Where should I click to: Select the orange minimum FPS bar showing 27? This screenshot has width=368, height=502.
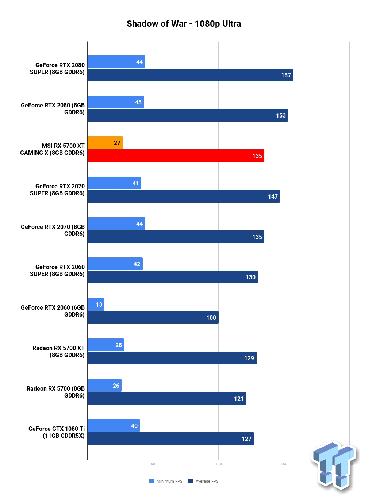tap(105, 142)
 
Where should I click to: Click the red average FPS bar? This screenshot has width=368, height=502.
tap(176, 156)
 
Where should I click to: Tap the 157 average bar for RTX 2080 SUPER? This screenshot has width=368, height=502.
tap(190, 75)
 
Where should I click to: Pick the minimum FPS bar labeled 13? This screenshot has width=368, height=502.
tap(96, 304)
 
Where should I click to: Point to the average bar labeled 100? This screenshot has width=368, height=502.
tap(153, 317)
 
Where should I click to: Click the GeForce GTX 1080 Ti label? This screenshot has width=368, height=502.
tap(57, 432)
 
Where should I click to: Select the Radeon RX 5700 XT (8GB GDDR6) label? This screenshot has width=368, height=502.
tap(58, 351)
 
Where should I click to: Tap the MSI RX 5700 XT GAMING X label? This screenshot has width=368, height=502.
tap(53, 149)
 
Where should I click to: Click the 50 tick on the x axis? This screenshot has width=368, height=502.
tap(153, 464)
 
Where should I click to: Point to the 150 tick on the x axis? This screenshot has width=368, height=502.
tap(284, 464)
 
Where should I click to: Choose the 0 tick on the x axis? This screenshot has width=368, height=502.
tap(87, 464)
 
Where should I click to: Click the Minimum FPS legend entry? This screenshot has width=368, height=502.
tap(166, 481)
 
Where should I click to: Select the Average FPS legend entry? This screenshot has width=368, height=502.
tap(203, 481)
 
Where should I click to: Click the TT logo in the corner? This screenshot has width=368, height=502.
tap(335, 467)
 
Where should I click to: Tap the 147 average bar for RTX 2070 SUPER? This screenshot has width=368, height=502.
tap(184, 196)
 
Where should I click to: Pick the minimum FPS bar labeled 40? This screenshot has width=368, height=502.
tap(114, 426)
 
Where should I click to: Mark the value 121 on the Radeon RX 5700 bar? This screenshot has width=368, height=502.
tap(239, 399)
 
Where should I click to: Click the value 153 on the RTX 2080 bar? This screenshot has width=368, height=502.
tap(281, 115)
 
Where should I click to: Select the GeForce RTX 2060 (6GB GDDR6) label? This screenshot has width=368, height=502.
tap(53, 311)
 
